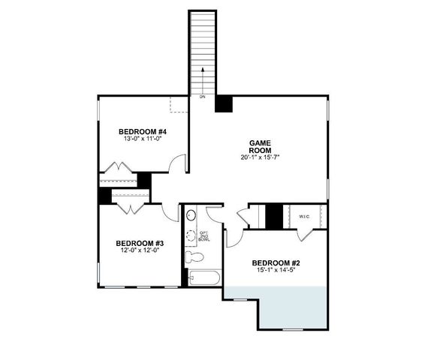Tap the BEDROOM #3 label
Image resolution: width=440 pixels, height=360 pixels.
pyautogui.click(x=140, y=243)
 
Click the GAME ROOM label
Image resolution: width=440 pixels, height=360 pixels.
pyautogui.click(x=260, y=145)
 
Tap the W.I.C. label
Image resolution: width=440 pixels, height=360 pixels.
pyautogui.click(x=304, y=217)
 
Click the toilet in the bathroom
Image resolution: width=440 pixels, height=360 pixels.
pyautogui.click(x=195, y=256)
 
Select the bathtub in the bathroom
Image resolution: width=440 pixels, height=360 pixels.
pyautogui.click(x=203, y=279)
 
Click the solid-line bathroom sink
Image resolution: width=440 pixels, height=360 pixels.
pyautogui.click(x=190, y=217)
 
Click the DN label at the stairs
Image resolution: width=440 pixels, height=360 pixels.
pyautogui.click(x=202, y=97)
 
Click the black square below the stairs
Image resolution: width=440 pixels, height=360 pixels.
pyautogui.click(x=223, y=103)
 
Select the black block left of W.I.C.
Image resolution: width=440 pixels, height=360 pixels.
pyautogui.click(x=274, y=217)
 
